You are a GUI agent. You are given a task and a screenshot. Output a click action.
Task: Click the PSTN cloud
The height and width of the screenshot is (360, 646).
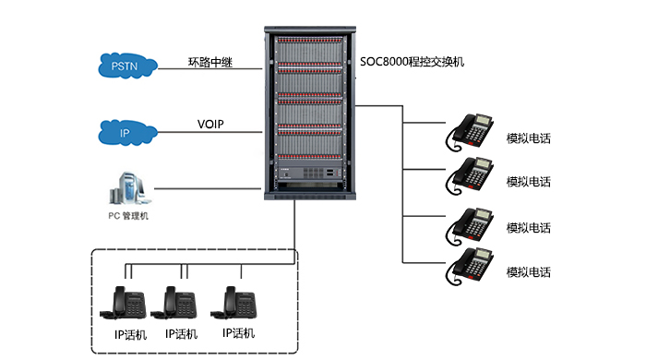pyautogui.click(x=127, y=66)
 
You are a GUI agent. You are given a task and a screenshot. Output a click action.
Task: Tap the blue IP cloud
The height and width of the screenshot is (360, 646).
pyautogui.click(x=127, y=133)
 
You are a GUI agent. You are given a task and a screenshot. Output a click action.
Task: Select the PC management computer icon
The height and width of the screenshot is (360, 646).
pyautogui.click(x=129, y=188)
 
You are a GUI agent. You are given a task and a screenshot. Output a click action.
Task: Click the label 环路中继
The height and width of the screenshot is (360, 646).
pyautogui.click(x=210, y=62)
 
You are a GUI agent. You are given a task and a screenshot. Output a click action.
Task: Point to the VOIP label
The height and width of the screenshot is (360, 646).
pyautogui.click(x=210, y=124)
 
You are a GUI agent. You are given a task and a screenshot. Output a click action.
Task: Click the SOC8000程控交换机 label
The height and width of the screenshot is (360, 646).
pyautogui.click(x=412, y=62)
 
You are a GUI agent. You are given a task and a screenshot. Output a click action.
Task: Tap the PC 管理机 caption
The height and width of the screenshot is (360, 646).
pyautogui.click(x=128, y=216)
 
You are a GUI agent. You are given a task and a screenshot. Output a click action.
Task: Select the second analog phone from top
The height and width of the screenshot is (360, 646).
pyautogui.click(x=469, y=175)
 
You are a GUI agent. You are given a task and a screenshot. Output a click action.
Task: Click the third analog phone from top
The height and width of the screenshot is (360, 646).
pyautogui.click(x=469, y=226)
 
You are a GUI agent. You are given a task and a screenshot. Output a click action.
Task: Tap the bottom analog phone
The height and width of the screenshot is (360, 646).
pyautogui.click(x=469, y=266)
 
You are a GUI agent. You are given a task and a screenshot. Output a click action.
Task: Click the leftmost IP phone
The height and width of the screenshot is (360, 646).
pyautogui.click(x=123, y=303)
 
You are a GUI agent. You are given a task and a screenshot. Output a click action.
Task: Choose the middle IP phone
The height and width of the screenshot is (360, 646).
pyautogui.click(x=173, y=303)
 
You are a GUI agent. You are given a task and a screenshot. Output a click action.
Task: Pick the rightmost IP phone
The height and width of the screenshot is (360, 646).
pyautogui.click(x=233, y=303)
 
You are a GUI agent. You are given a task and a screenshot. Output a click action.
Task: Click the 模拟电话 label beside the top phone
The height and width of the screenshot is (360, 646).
pyautogui.click(x=529, y=138)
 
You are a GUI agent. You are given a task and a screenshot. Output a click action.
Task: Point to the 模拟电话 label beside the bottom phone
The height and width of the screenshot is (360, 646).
pyautogui.click(x=529, y=272)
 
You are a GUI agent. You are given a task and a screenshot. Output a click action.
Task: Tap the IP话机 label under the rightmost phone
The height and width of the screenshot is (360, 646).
pyautogui.click(x=238, y=333)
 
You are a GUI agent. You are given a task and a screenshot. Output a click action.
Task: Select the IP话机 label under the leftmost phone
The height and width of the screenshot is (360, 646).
pyautogui.click(x=131, y=334)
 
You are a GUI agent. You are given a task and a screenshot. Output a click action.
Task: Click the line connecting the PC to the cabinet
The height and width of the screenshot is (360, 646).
pyautogui.click(x=208, y=189)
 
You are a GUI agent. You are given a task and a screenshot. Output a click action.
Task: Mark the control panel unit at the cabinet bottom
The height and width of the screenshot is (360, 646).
pyautogui.click(x=310, y=174)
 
